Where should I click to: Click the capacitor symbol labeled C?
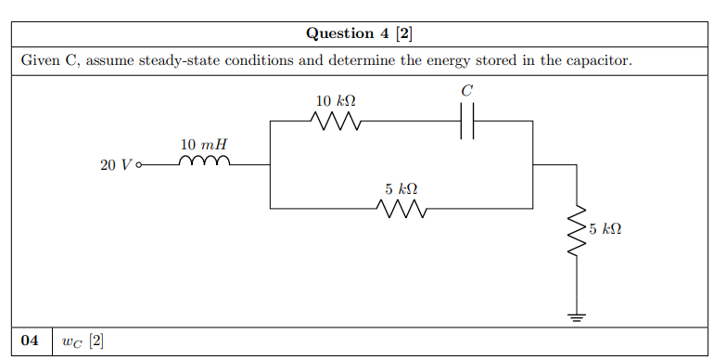(x=467, y=121)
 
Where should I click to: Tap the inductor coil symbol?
(x=202, y=163)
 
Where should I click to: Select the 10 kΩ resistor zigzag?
(x=336, y=121)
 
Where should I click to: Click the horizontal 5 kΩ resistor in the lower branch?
(x=401, y=209)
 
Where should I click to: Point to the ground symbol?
(x=577, y=318)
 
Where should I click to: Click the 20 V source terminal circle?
(x=140, y=165)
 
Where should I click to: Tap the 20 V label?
(x=115, y=165)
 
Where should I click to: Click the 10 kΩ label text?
(x=336, y=100)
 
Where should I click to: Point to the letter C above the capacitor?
(x=467, y=90)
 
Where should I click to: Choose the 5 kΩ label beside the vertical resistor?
(x=605, y=228)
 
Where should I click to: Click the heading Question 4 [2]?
(x=360, y=33)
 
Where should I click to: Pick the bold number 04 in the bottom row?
(x=30, y=341)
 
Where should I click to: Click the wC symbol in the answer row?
(x=72, y=341)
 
